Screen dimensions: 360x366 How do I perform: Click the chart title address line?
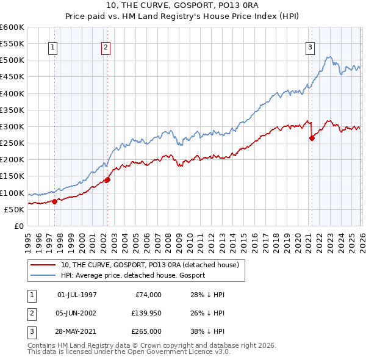tap(182, 6)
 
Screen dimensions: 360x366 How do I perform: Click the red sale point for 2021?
tap(312, 138)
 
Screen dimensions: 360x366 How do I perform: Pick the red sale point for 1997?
tap(54, 201)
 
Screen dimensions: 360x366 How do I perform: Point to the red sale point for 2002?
tap(107, 179)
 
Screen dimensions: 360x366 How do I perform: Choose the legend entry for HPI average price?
tap(133, 275)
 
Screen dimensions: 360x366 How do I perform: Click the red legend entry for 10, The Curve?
tap(152, 265)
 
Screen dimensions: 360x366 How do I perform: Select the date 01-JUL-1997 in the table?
tap(77, 295)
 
